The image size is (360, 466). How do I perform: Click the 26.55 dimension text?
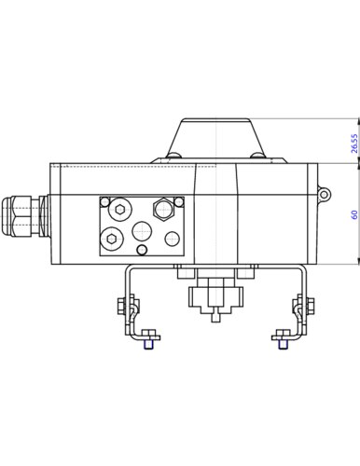coord(354,144)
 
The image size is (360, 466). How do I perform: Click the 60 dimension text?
coord(354,214)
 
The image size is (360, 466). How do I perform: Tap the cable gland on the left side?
coord(24,216)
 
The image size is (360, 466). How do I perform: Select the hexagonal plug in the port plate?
coord(163,209)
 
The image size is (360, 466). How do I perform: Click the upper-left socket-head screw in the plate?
coord(120,210)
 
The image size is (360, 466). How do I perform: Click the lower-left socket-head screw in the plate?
coord(112,239)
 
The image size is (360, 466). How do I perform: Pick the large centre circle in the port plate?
coord(142,231)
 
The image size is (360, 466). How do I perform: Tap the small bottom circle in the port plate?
coord(142,250)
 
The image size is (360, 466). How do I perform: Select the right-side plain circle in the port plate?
coord(173,239)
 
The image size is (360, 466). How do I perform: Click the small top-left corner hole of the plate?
coord(105,202)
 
